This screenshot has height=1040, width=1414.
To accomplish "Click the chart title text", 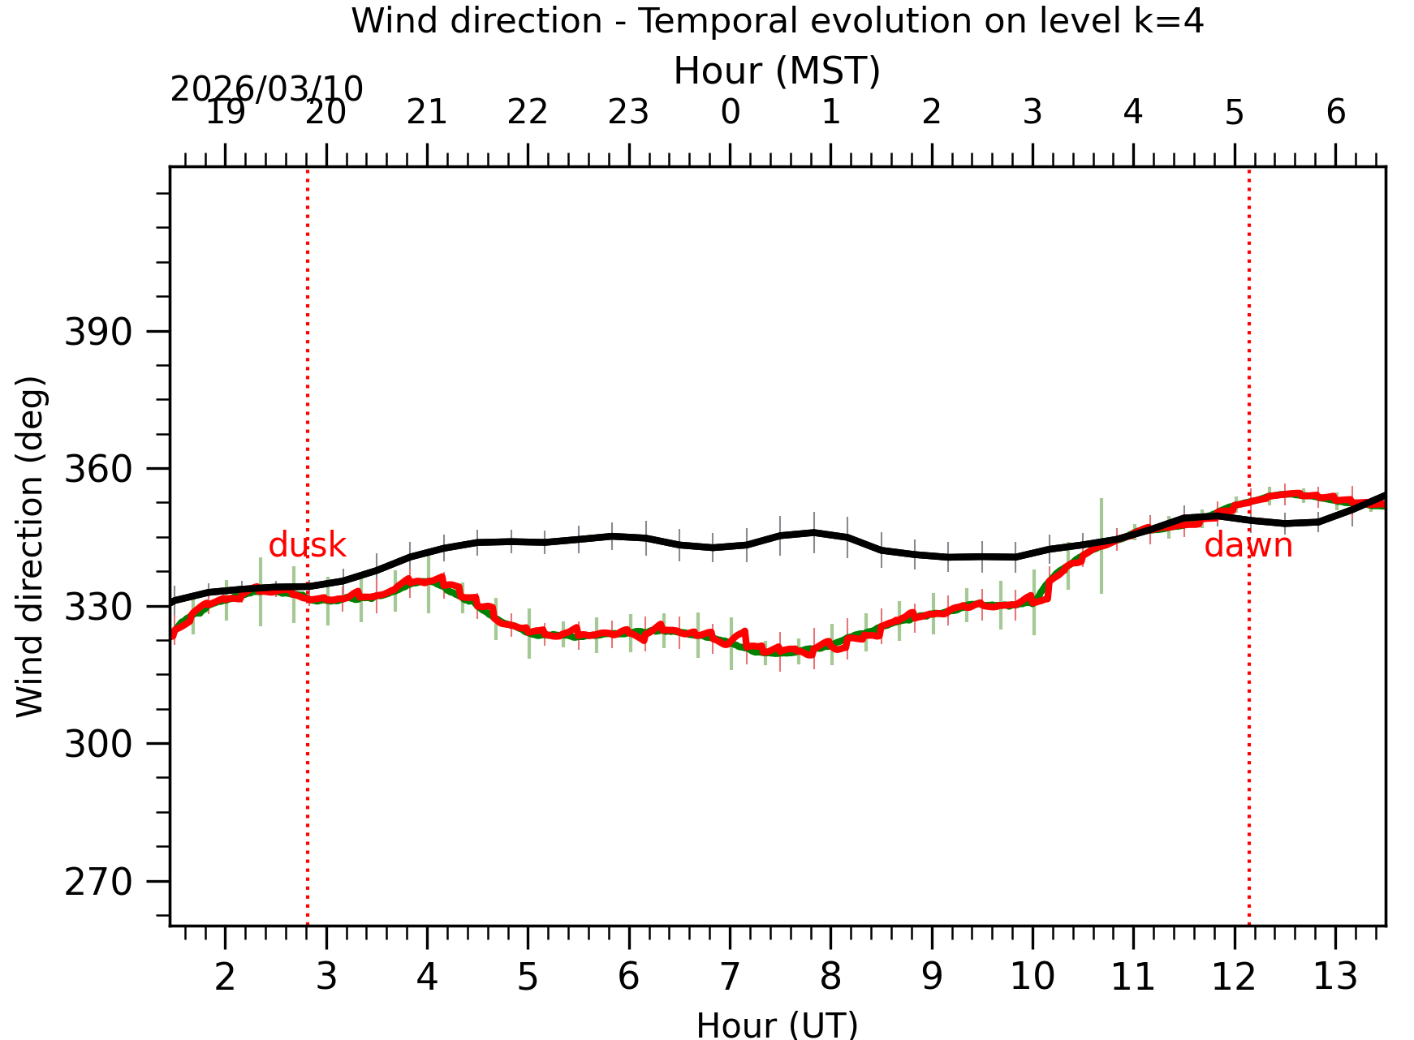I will (x=777, y=21).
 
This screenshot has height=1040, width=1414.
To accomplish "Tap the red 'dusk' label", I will (x=308, y=545).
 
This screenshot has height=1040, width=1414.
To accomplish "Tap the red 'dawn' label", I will (x=1248, y=545).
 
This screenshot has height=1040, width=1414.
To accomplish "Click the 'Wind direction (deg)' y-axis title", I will (x=31, y=546).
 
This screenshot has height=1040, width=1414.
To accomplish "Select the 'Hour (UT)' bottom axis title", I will (x=777, y=1025).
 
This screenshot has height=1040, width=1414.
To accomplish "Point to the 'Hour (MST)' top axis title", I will (x=777, y=71).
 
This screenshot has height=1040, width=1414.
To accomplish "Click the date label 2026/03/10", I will (x=266, y=88).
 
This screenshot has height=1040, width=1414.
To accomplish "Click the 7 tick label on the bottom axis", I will (x=730, y=977).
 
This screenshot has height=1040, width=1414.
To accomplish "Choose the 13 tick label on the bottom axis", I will (x=1335, y=977).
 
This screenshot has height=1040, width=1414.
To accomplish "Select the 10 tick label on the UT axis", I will (x=1032, y=977).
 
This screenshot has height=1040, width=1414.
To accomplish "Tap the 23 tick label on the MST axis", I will (x=629, y=112).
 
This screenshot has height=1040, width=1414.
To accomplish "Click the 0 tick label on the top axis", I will (x=730, y=112).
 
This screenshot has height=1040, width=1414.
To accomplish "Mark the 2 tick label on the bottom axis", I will (x=225, y=977).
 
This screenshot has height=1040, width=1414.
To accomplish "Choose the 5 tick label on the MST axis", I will (x=1235, y=112).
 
